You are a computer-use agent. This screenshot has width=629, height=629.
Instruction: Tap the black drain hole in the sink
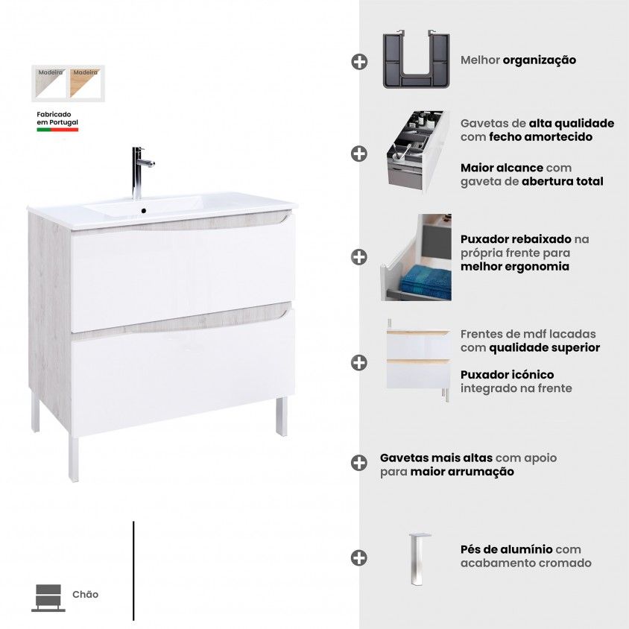click(x=143, y=211)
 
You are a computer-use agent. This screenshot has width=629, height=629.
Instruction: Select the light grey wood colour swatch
click(x=51, y=83)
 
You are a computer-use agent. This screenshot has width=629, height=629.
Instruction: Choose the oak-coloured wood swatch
click(x=85, y=83)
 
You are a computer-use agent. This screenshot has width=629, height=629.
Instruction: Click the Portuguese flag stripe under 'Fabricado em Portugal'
click(x=57, y=130)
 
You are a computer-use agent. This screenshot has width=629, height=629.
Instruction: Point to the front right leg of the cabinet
click(x=282, y=417)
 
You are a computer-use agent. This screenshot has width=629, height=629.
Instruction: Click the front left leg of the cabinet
click(x=73, y=458)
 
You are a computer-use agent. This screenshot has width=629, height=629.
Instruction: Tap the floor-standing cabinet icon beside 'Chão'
click(x=48, y=598)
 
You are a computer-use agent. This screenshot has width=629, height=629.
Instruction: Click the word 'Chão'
click(x=86, y=594)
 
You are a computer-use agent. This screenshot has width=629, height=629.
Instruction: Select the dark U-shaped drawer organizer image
click(x=416, y=60)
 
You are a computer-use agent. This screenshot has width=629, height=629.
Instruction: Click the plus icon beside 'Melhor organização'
click(x=359, y=62)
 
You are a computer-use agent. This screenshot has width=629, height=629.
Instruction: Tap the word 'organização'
click(x=539, y=60)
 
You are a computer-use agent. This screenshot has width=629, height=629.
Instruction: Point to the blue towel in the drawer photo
click(x=426, y=282)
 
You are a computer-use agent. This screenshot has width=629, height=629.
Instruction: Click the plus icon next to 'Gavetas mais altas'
click(x=359, y=463)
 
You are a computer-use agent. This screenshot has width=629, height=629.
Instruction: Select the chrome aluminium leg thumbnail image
click(x=418, y=559)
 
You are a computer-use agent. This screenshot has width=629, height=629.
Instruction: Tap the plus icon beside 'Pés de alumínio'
click(x=359, y=557)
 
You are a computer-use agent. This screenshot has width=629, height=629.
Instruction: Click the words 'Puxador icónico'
click(x=507, y=375)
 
